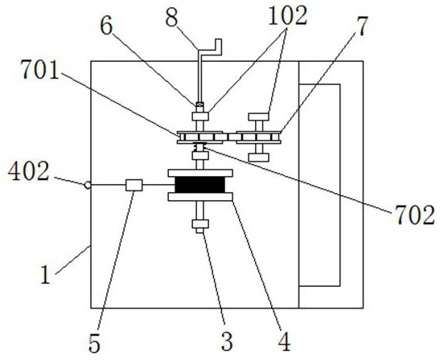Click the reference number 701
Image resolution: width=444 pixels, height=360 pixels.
click(x=40, y=70)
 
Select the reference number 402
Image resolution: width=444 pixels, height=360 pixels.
click(x=29, y=172)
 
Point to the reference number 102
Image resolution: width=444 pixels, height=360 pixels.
click(x=288, y=16)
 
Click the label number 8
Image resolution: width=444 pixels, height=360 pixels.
click(x=171, y=18)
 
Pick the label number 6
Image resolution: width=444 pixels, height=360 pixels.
click(x=106, y=27)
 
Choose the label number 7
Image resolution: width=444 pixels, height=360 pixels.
click(x=362, y=27)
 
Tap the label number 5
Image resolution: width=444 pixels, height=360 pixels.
click(x=95, y=344)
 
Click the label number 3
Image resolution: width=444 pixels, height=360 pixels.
click(x=227, y=342)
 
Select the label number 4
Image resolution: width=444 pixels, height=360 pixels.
click(x=284, y=342)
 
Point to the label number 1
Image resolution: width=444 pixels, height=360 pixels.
click(x=46, y=275)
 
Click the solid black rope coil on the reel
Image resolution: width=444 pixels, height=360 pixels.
click(x=200, y=185)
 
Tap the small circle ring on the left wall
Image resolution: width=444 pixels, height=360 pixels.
click(x=88, y=185)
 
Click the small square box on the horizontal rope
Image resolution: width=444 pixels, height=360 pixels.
click(x=134, y=186)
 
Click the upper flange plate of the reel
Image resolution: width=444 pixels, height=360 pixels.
click(x=200, y=173)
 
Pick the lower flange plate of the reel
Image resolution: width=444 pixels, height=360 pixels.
click(x=200, y=197)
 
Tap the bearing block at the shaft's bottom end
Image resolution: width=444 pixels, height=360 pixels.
click(x=200, y=224)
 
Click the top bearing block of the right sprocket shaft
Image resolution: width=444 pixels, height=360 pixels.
click(x=258, y=117)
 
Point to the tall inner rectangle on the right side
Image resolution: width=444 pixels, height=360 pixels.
click(x=319, y=185)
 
